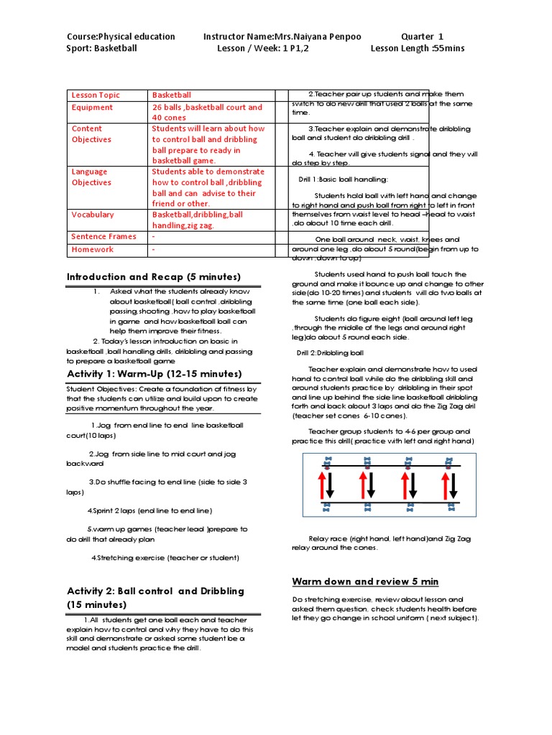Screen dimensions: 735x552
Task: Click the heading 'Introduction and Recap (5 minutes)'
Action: [x=154, y=277]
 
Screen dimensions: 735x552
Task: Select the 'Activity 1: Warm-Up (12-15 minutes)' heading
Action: [x=154, y=374]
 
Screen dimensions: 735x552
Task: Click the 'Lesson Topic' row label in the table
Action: [x=96, y=95]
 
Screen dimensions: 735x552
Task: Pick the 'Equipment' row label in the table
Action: [x=92, y=107]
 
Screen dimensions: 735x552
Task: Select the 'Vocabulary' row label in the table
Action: [x=93, y=214]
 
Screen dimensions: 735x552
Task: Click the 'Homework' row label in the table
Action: [x=92, y=249]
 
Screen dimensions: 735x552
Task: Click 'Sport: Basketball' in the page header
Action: [x=101, y=49]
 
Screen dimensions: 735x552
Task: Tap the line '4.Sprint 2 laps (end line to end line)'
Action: [x=149, y=510]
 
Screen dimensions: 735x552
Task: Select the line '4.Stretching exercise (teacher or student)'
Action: [x=165, y=558]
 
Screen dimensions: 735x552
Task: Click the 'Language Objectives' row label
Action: [x=91, y=177]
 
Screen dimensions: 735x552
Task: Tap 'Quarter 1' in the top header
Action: [x=422, y=37]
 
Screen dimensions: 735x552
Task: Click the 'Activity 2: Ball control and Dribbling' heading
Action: [x=155, y=591]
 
